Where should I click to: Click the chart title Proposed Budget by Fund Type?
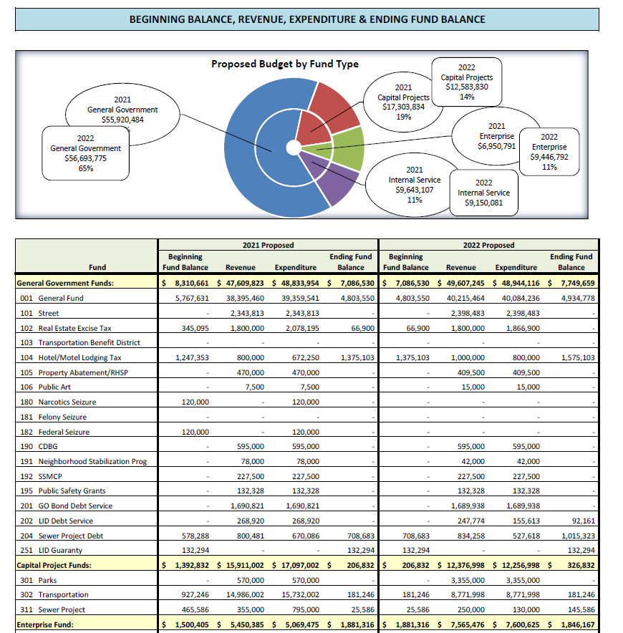[x=285, y=64]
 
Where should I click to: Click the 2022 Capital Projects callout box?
[x=466, y=82]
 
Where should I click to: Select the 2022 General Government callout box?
[x=86, y=153]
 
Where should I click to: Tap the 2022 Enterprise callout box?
[x=549, y=152]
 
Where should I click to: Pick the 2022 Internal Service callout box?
[x=483, y=193]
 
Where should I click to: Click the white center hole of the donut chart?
[x=294, y=148]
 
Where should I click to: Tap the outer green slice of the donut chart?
[x=348, y=148]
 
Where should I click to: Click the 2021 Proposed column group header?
[x=268, y=245]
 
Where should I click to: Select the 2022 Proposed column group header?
[x=488, y=245]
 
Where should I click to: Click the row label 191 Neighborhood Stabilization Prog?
[x=84, y=461]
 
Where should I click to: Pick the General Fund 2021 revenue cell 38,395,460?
[x=245, y=299]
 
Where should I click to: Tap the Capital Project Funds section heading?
[x=54, y=565]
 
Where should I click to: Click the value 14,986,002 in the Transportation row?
[x=245, y=594]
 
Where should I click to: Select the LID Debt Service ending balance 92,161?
[x=584, y=521]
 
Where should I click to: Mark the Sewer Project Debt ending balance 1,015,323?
[x=578, y=536]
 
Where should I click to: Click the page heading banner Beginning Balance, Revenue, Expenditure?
[x=307, y=19]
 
